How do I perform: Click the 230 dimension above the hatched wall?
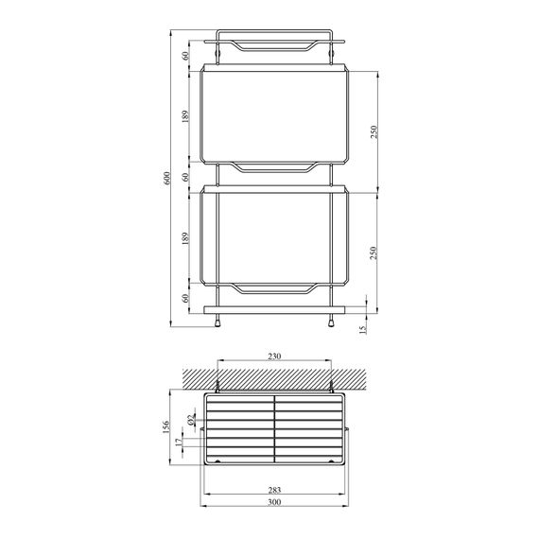273,357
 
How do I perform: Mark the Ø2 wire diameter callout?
190,419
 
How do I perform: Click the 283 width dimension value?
273,490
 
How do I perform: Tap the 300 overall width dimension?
273,504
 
